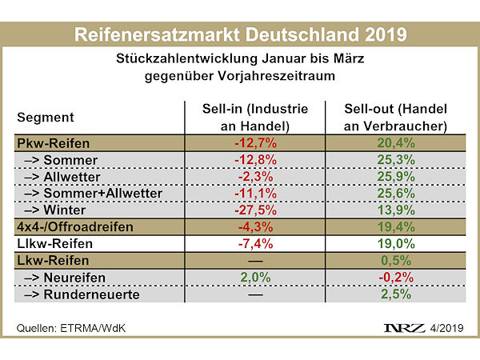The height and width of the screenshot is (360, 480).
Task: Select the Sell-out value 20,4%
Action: click(395, 145)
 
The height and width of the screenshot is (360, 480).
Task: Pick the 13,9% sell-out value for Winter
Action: click(395, 210)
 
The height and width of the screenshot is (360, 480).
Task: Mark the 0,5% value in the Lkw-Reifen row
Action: click(395, 260)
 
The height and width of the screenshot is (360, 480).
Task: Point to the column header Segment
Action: click(46, 118)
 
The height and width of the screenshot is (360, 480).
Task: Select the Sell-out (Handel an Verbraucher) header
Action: click(395, 118)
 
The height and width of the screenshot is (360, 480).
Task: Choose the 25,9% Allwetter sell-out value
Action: click(395, 178)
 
